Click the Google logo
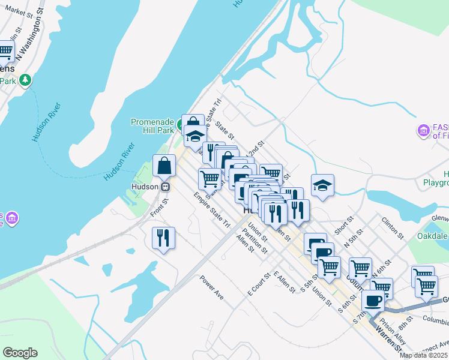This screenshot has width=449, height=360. click(x=20, y=353)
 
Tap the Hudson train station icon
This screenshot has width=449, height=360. click(x=164, y=187)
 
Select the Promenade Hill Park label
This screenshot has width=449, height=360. click(x=152, y=126)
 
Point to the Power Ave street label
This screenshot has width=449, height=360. click(x=211, y=287)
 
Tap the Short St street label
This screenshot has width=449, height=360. click(x=343, y=226)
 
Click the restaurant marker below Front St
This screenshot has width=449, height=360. click(x=163, y=238)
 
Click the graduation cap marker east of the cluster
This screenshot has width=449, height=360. click(x=322, y=185)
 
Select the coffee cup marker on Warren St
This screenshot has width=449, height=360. click(x=373, y=301)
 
